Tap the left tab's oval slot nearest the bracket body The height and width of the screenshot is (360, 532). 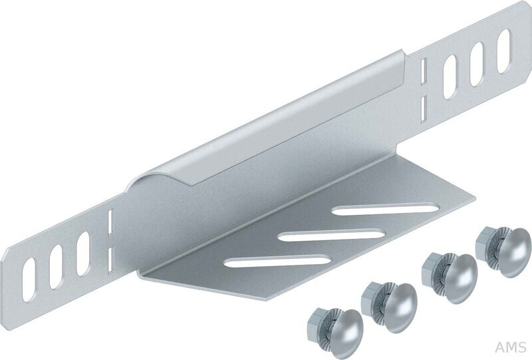tap(82, 254)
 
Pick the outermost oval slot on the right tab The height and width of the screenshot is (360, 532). tap(503, 51)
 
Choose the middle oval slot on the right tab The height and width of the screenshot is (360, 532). tap(477, 64)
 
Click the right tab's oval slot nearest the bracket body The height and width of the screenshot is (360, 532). tap(450, 77)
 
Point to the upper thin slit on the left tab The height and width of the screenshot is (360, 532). tap(110, 222)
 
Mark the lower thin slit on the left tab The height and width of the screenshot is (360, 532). tap(110, 260)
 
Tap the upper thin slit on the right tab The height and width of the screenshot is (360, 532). tap(423, 71)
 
